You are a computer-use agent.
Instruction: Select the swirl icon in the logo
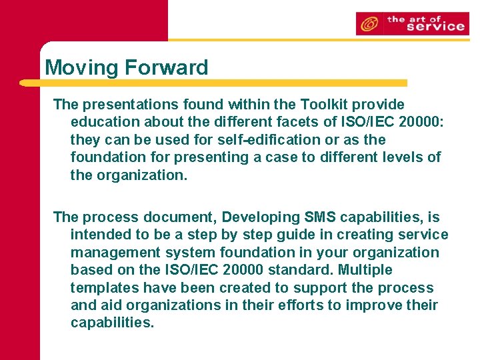pyautogui.click(x=369, y=25)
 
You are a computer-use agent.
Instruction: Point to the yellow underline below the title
pyautogui.click(x=213, y=83)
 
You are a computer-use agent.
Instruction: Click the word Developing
pyautogui.click(x=260, y=217)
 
